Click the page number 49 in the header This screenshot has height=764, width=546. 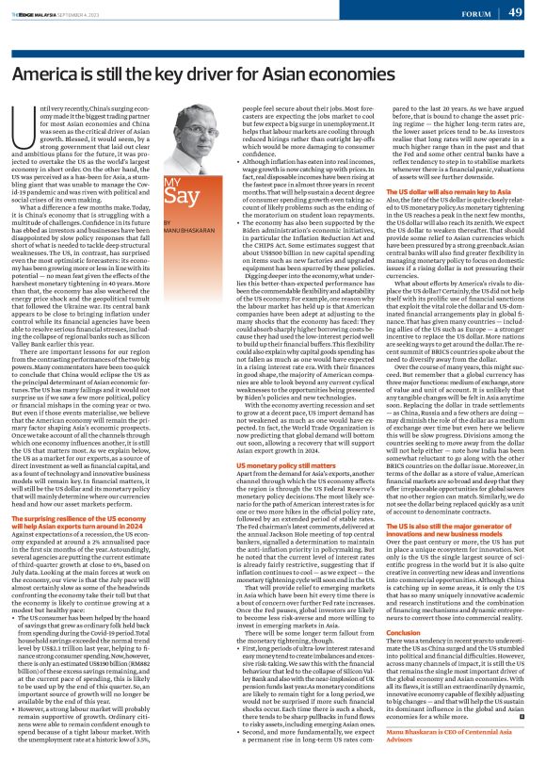coord(517,11)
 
